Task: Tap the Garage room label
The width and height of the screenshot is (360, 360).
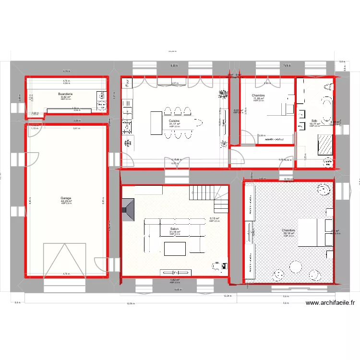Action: [x=66, y=198]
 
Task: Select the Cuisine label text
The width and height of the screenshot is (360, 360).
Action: [x=174, y=121]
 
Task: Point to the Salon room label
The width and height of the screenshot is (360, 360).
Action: [x=174, y=229]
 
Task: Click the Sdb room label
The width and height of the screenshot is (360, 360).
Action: [x=314, y=121]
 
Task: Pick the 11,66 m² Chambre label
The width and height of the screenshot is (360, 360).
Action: [x=258, y=96]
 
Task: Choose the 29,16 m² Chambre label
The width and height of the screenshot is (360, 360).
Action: [x=288, y=230]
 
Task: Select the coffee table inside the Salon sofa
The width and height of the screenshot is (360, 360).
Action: [x=174, y=249]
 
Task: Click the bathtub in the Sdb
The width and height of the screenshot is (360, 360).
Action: [x=327, y=109]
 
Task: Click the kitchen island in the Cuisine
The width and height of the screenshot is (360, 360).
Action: [x=156, y=122]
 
